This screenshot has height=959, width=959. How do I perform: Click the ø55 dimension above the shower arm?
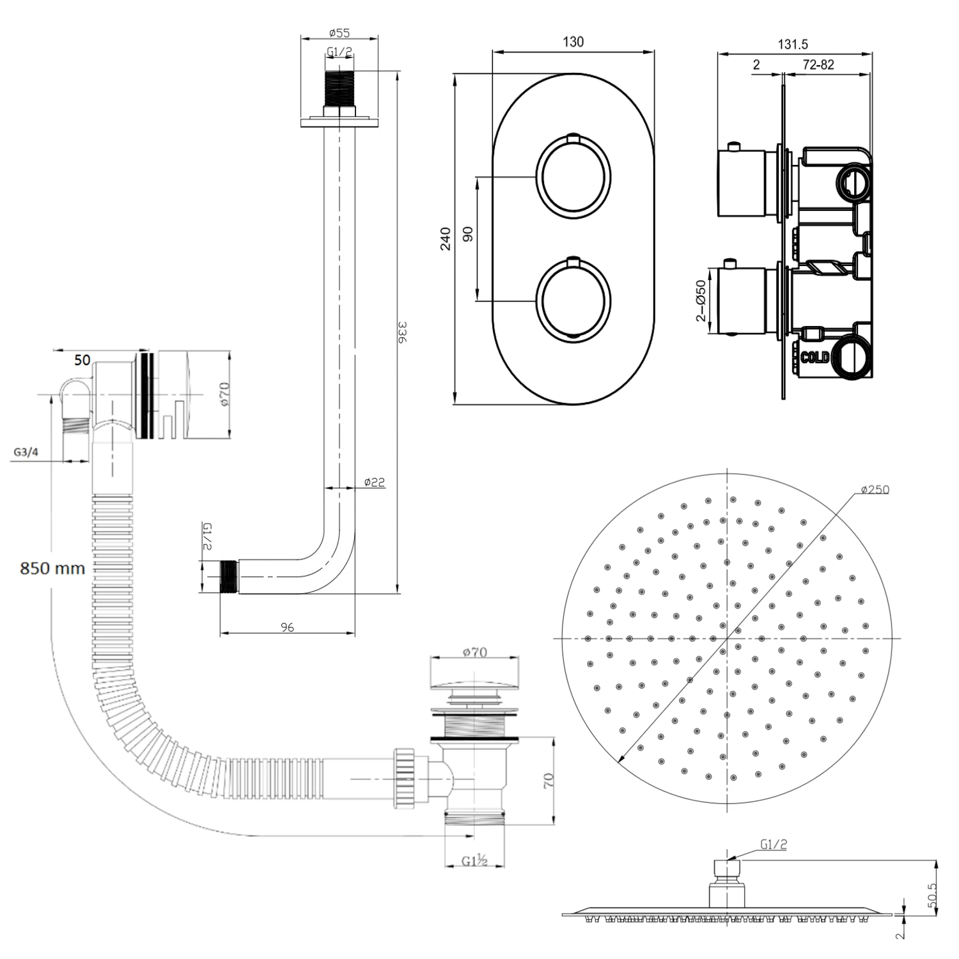coord(339,33)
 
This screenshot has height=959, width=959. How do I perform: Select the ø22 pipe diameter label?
coord(374,482)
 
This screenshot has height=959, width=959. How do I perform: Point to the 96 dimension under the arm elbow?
coord(288,627)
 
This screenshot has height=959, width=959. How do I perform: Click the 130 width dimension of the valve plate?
coord(573,42)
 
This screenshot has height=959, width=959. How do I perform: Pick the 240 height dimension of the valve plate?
coord(446,238)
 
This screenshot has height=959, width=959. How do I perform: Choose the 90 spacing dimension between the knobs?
coord(467,234)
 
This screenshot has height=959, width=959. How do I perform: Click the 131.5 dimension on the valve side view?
coord(793,44)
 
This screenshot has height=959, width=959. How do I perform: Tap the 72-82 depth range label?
coord(818,65)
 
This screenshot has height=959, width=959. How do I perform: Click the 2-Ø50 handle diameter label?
coord(701,300)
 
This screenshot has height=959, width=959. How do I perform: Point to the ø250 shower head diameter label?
coord(875,490)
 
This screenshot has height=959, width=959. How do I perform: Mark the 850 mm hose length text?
coord(52,568)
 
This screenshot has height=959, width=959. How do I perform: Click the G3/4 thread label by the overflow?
coord(26,453)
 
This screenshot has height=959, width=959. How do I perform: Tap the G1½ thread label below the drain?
coord(475,861)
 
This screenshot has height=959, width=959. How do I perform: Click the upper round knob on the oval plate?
coord(573,175)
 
